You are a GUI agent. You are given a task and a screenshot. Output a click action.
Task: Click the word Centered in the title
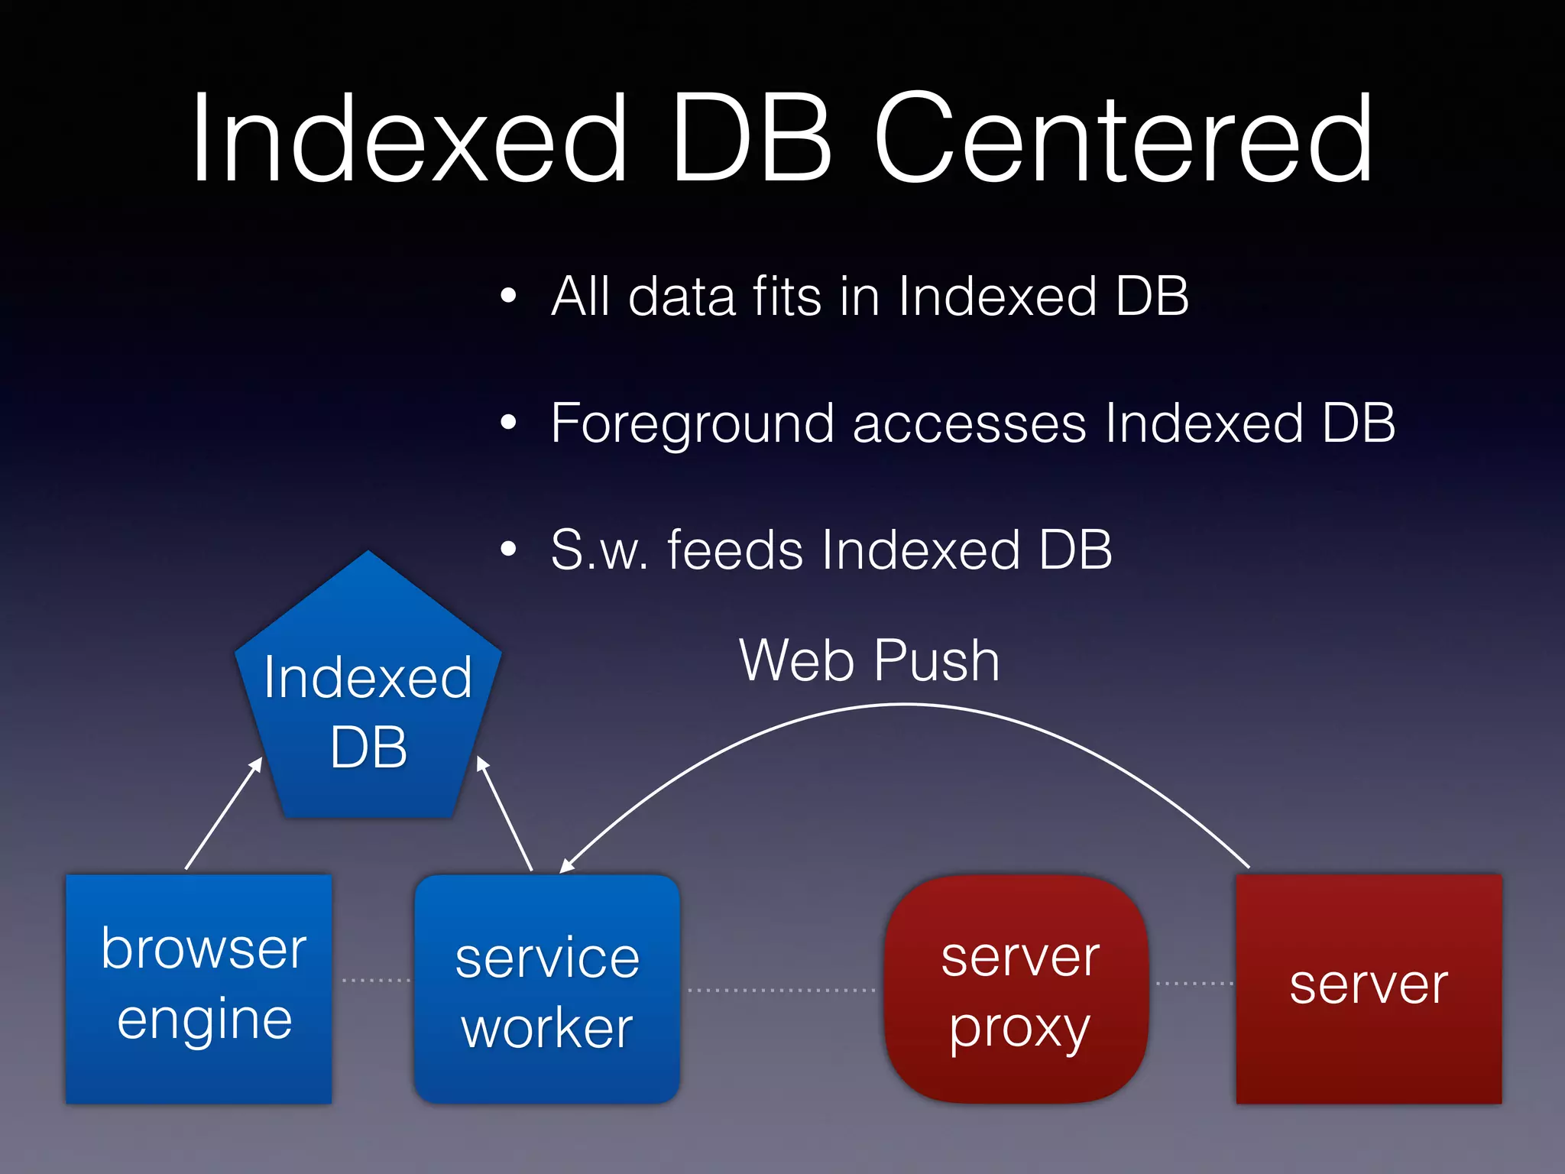[1123, 139]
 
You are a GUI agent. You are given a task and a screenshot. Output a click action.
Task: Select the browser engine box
[199, 988]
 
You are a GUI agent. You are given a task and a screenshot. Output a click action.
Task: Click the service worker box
[547, 988]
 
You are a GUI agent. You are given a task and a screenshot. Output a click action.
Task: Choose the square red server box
[1369, 988]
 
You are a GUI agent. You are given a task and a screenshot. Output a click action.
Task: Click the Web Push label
[870, 661]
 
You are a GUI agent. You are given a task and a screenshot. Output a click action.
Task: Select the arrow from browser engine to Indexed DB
[223, 813]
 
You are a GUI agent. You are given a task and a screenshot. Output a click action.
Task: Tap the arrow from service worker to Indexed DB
[505, 814]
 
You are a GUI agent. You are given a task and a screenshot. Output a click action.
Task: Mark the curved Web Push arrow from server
[902, 705]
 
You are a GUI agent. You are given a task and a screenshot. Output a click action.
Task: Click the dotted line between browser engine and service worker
[375, 980]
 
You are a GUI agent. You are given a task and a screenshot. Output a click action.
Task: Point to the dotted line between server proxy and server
[1194, 983]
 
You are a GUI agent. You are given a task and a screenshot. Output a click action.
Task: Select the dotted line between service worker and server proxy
[781, 990]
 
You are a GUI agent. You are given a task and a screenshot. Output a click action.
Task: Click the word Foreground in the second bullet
[692, 424]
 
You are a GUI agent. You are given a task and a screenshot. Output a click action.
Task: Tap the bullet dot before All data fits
[509, 296]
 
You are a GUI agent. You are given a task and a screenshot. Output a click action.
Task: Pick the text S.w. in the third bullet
[600, 550]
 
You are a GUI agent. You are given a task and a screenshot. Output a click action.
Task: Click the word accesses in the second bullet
[969, 424]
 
